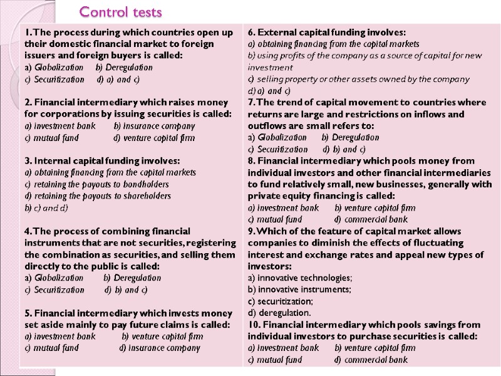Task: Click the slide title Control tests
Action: [120, 12]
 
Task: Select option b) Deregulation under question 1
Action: [124, 67]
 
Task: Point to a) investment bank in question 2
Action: [60, 126]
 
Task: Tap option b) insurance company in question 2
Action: [146, 126]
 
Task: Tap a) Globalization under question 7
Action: [277, 137]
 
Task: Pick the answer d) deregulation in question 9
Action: [279, 313]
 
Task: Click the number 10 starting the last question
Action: [253, 325]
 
